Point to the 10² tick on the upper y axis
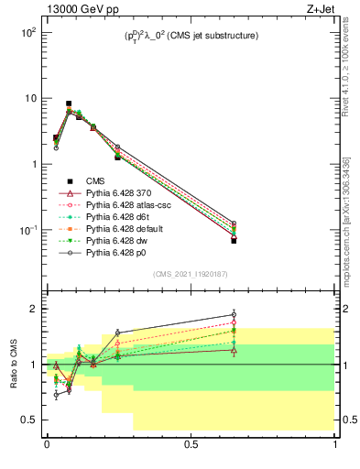pos(27,32)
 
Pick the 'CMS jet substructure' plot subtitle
pos(191,36)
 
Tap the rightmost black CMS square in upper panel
pos(234,241)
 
